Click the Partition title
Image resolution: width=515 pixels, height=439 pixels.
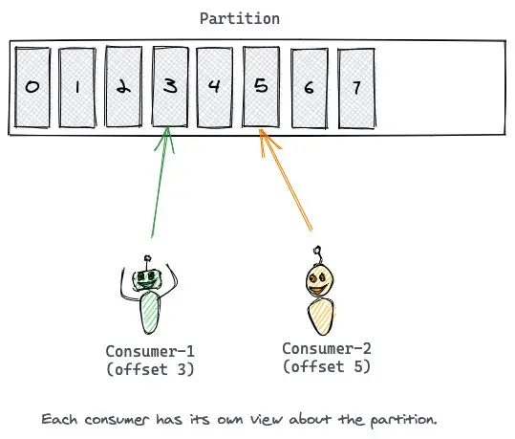click(x=240, y=18)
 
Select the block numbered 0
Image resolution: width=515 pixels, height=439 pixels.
click(x=32, y=87)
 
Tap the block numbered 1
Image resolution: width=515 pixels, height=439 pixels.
click(x=77, y=87)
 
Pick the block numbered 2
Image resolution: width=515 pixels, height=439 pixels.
click(x=123, y=86)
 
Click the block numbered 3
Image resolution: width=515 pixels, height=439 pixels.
click(x=170, y=86)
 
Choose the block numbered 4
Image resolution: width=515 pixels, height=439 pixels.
click(x=214, y=87)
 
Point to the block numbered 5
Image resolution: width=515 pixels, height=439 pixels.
click(x=261, y=86)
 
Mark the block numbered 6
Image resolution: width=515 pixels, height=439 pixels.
click(x=310, y=88)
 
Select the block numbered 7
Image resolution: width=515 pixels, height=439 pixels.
click(x=356, y=88)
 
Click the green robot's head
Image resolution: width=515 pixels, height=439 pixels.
click(x=147, y=279)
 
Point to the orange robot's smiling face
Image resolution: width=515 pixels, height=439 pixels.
click(x=319, y=282)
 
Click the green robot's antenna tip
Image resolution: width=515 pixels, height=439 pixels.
click(x=148, y=258)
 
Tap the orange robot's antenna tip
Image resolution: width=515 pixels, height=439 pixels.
click(x=317, y=250)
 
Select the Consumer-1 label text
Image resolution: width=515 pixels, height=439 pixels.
click(x=150, y=352)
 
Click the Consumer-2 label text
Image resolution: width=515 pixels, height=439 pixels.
click(x=327, y=349)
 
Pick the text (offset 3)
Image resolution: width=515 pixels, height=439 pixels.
click(x=150, y=369)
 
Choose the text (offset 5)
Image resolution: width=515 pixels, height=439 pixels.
click(x=327, y=366)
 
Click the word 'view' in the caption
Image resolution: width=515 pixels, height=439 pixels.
click(x=267, y=419)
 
